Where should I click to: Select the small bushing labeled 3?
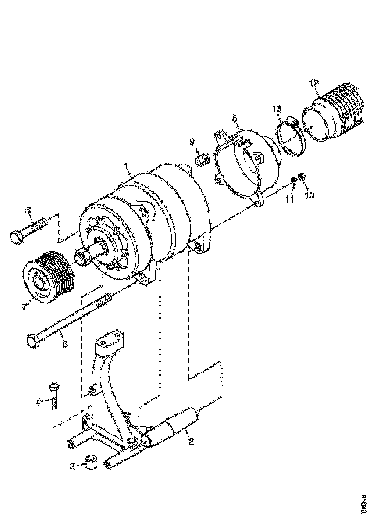click(x=91, y=462)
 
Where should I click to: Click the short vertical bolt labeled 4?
click(x=54, y=394)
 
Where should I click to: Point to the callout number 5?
click(x=28, y=209)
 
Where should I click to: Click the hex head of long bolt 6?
click(x=32, y=340)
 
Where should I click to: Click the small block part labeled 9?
click(x=202, y=159)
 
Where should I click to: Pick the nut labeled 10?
click(x=302, y=177)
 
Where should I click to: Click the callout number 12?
click(x=313, y=84)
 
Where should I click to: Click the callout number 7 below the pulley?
click(x=24, y=307)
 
